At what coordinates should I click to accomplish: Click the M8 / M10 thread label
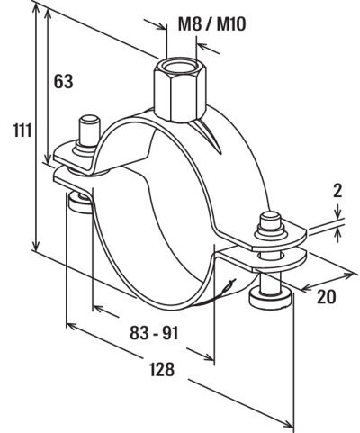212,24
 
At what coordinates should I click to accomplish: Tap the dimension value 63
63,81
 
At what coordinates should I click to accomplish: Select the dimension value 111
22,131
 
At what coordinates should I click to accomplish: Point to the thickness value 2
337,191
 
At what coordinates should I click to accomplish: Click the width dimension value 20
327,297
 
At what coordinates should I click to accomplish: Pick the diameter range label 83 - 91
154,333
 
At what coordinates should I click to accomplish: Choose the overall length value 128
162,369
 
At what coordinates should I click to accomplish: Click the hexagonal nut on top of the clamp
180,89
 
